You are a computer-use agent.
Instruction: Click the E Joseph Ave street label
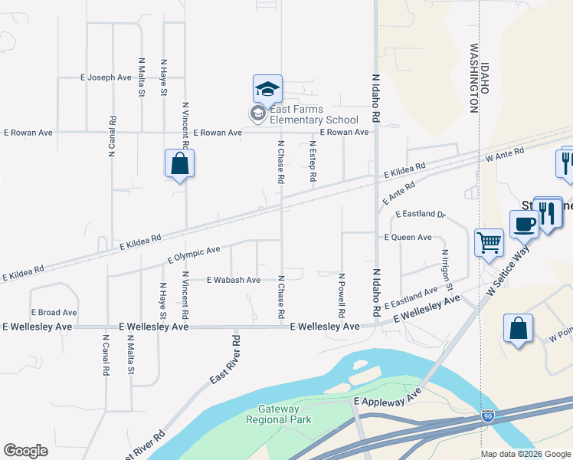tap(106, 77)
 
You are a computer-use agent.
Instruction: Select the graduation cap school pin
tap(267, 90)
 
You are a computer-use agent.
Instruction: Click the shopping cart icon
tap(489, 243)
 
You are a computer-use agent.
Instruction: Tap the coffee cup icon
tap(524, 225)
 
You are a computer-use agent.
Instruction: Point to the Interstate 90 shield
tap(488, 416)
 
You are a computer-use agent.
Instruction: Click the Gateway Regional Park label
tap(278, 415)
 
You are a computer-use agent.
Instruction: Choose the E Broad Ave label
tap(54, 313)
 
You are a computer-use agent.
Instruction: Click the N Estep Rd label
tap(313, 160)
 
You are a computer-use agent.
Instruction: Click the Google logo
tap(25, 451)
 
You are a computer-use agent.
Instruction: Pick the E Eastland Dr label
tap(420, 214)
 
